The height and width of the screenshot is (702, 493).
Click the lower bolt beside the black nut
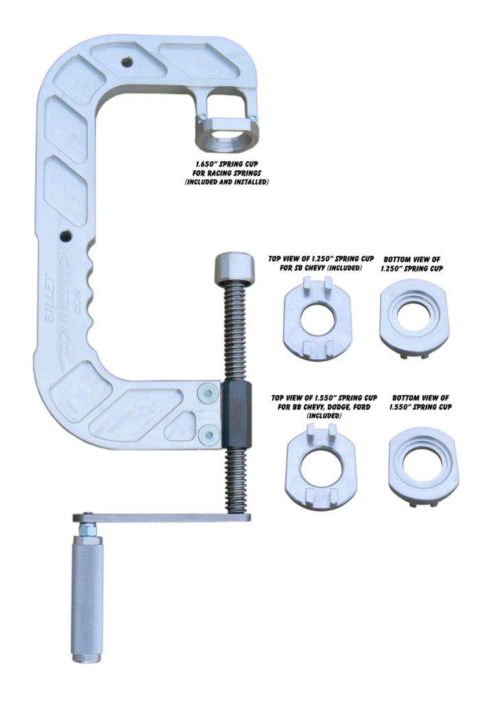click(206, 433)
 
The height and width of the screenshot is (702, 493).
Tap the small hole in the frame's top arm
click(125, 62)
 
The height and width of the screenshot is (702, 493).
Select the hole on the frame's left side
click(66, 237)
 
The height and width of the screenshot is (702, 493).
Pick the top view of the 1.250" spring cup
click(316, 315)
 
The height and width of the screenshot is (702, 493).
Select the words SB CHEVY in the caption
click(305, 269)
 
